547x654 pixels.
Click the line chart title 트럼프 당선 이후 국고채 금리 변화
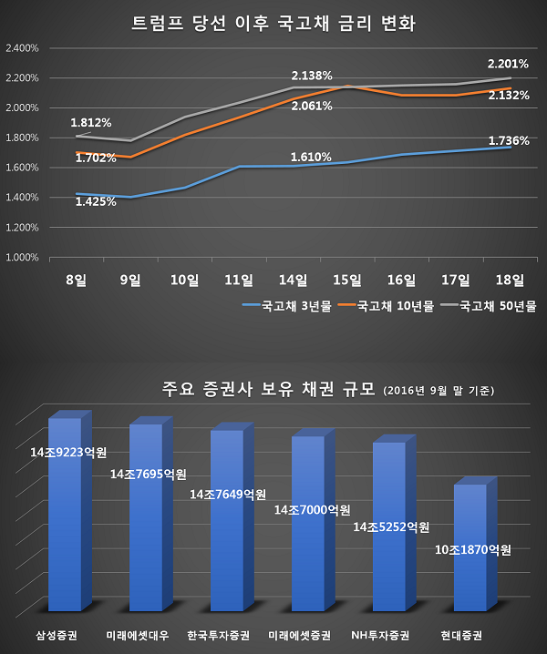click(x=273, y=23)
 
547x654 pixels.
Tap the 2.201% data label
click(x=507, y=64)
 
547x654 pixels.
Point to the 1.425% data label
click(x=97, y=201)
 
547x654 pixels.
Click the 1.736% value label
click(x=507, y=140)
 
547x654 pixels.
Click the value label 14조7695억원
click(x=148, y=474)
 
